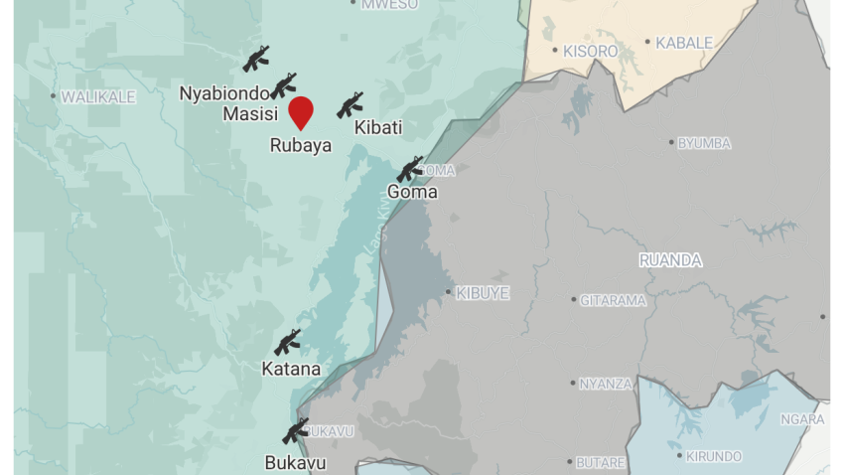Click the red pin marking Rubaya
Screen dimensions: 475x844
point(301,111)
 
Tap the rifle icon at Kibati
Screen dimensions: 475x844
point(350,105)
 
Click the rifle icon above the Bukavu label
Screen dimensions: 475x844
point(296,430)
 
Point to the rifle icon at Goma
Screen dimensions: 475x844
point(410,169)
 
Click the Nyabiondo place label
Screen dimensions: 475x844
point(224,93)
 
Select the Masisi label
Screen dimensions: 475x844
point(249,114)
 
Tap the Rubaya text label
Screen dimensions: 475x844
point(301,145)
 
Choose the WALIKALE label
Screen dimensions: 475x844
point(97,96)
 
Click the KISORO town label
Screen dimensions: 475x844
point(590,51)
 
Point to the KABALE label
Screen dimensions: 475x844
point(684,43)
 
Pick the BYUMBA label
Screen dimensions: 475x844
point(704,143)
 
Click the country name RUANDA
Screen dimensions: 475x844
point(670,260)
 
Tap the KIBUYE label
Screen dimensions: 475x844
point(483,293)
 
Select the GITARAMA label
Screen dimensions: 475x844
point(613,300)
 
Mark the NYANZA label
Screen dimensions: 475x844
point(606,384)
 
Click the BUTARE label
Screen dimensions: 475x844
point(602,462)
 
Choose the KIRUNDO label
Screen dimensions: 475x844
point(714,456)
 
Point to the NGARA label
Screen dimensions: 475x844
point(802,419)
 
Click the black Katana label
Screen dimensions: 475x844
point(291,370)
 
